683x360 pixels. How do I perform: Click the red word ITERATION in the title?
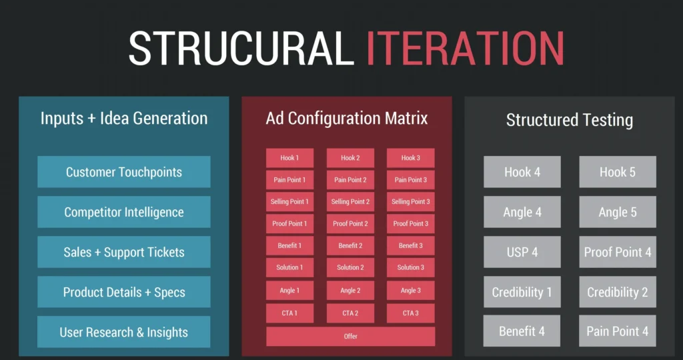coord(465,48)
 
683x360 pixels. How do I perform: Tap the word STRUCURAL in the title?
coord(241,48)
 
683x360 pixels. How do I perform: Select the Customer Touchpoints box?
coord(124,172)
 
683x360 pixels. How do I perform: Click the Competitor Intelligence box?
coord(124,212)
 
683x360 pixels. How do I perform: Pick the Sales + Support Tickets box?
coord(124,252)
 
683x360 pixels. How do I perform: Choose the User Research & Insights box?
coord(124,332)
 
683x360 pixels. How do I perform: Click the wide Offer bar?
coord(351,336)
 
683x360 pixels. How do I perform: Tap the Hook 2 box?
coord(350,158)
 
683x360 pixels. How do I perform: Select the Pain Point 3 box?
coord(411,180)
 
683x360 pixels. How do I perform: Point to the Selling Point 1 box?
coord(289,201)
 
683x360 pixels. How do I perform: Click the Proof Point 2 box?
coord(350,223)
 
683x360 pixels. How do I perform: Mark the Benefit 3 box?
coord(411,245)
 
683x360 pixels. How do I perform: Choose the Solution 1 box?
coord(289,267)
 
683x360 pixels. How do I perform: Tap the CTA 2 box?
coord(350,313)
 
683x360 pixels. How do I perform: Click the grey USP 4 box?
coord(522,252)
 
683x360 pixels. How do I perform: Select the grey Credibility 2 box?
coord(618,292)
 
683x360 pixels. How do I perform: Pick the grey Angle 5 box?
coord(618,212)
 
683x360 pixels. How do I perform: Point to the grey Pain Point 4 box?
coord(618,331)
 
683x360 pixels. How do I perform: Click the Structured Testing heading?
coord(570,120)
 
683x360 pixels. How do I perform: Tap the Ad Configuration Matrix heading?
coord(347,119)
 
